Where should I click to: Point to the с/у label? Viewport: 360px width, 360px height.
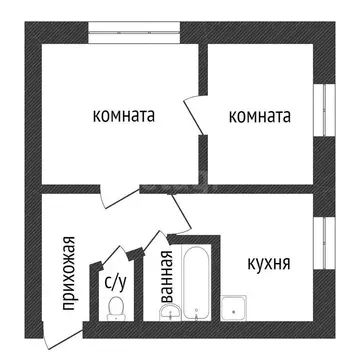pos(115,280)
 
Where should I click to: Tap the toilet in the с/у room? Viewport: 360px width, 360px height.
pos(116,305)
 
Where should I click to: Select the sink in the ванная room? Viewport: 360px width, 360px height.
pos(166,314)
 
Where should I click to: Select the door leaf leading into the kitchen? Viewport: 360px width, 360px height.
pos(179,210)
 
